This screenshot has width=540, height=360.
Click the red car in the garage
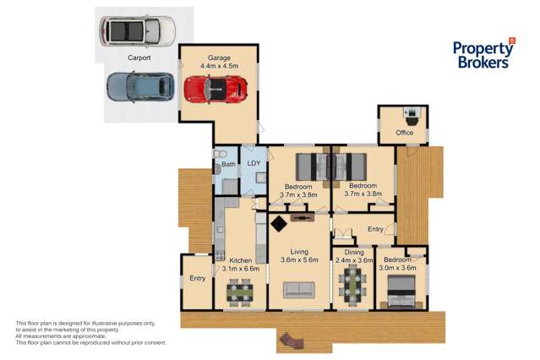tap(215, 90)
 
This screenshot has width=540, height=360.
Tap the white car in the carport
tap(138, 31)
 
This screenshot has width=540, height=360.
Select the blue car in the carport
tap(140, 87)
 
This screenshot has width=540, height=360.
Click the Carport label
tap(139, 57)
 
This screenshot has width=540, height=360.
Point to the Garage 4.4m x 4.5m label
tap(219, 62)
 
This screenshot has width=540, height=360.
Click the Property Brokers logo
tap(483, 53)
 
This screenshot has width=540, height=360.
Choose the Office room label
tap(404, 133)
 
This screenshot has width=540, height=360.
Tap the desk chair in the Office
tap(412, 120)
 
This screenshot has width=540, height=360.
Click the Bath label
tap(228, 164)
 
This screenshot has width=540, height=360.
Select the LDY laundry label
tap(254, 163)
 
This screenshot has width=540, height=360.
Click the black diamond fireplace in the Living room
tap(279, 224)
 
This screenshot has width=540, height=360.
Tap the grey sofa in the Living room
tap(299, 290)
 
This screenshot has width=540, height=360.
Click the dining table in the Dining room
tap(353, 286)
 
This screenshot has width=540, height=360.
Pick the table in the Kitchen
tap(240, 292)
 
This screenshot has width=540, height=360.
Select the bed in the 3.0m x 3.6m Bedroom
tap(401, 292)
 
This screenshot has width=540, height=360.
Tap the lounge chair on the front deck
tap(292, 341)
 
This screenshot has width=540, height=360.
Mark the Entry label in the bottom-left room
tap(198, 278)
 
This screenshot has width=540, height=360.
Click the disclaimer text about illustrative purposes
tap(91, 333)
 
